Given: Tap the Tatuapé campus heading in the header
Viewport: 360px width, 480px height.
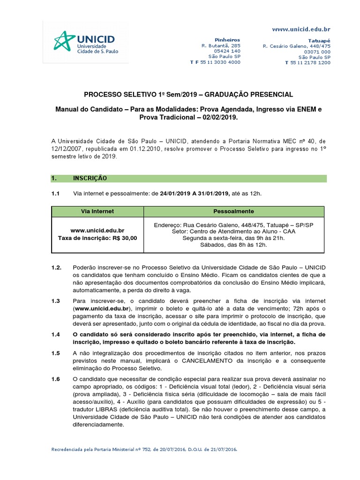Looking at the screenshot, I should coord(319,40).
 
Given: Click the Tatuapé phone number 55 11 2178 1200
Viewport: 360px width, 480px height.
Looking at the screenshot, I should coord(310,63).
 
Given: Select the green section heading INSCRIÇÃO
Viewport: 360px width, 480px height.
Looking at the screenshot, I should coord(90,179).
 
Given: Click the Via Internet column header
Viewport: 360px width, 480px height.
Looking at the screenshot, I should coord(97,211).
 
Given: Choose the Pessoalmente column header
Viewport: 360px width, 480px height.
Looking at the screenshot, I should coord(233,211).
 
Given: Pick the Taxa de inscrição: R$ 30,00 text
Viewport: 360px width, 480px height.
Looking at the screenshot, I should coord(97,238).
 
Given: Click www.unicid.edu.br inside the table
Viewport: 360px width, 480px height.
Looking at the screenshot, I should coord(97,231).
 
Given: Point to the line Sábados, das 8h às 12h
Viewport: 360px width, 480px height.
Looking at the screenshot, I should coord(233,245).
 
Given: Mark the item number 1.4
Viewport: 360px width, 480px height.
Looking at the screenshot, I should coord(56,334).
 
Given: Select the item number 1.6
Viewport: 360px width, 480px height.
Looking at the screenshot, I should coord(56,379).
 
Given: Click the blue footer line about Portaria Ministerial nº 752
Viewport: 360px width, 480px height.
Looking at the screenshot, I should coord(144,450).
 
